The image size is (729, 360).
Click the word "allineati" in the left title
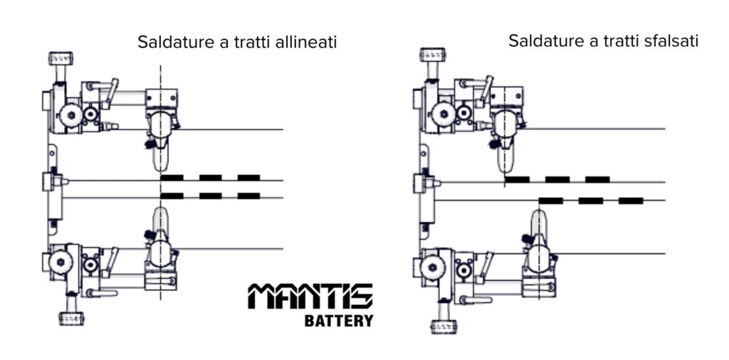(305, 42)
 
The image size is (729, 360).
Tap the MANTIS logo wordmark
(310, 297)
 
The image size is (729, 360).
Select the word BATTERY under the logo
(339, 321)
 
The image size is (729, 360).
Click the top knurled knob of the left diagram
(61, 58)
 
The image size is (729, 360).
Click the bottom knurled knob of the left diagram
(71, 319)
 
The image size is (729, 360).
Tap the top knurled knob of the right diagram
(432, 55)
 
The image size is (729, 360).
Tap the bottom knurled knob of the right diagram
(443, 327)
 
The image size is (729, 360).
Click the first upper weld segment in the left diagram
(172, 177)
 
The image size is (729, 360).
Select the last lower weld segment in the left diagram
(248, 196)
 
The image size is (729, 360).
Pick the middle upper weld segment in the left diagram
(211, 177)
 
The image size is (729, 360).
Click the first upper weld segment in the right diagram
(518, 179)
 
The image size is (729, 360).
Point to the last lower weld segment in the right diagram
(631, 201)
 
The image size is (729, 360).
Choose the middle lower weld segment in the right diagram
(591, 201)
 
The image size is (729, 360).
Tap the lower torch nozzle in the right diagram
(538, 223)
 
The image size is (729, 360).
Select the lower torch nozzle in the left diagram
(160, 219)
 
